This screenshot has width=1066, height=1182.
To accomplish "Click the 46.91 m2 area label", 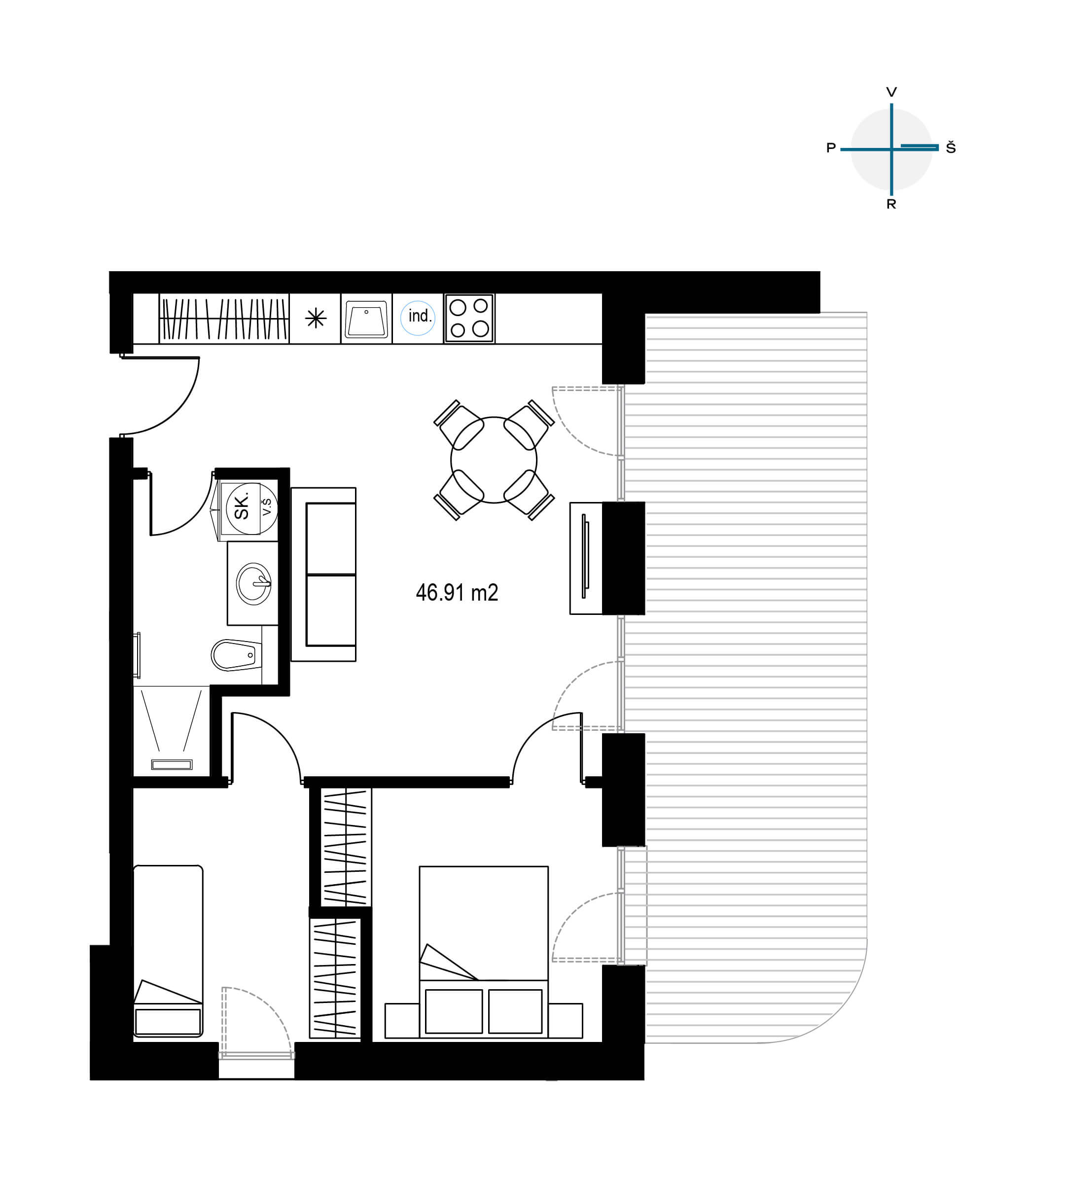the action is click(457, 593).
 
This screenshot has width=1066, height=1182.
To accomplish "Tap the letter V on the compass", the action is click(891, 92).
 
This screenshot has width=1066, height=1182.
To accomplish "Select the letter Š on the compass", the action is click(951, 147).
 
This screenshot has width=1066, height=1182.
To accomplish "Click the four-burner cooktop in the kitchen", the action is click(469, 319).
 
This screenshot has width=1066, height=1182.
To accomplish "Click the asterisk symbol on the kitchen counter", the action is click(316, 319).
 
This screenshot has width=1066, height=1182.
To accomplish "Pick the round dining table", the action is click(494, 460).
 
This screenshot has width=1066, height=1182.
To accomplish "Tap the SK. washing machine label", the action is click(241, 505).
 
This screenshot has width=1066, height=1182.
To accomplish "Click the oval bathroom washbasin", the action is click(253, 583).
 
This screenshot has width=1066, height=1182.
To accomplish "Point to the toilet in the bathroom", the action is click(236, 655).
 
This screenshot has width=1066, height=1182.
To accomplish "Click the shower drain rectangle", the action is click(172, 764).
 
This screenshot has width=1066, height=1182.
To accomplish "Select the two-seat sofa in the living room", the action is click(323, 574).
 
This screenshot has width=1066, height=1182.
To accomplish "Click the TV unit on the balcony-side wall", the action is click(586, 558).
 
